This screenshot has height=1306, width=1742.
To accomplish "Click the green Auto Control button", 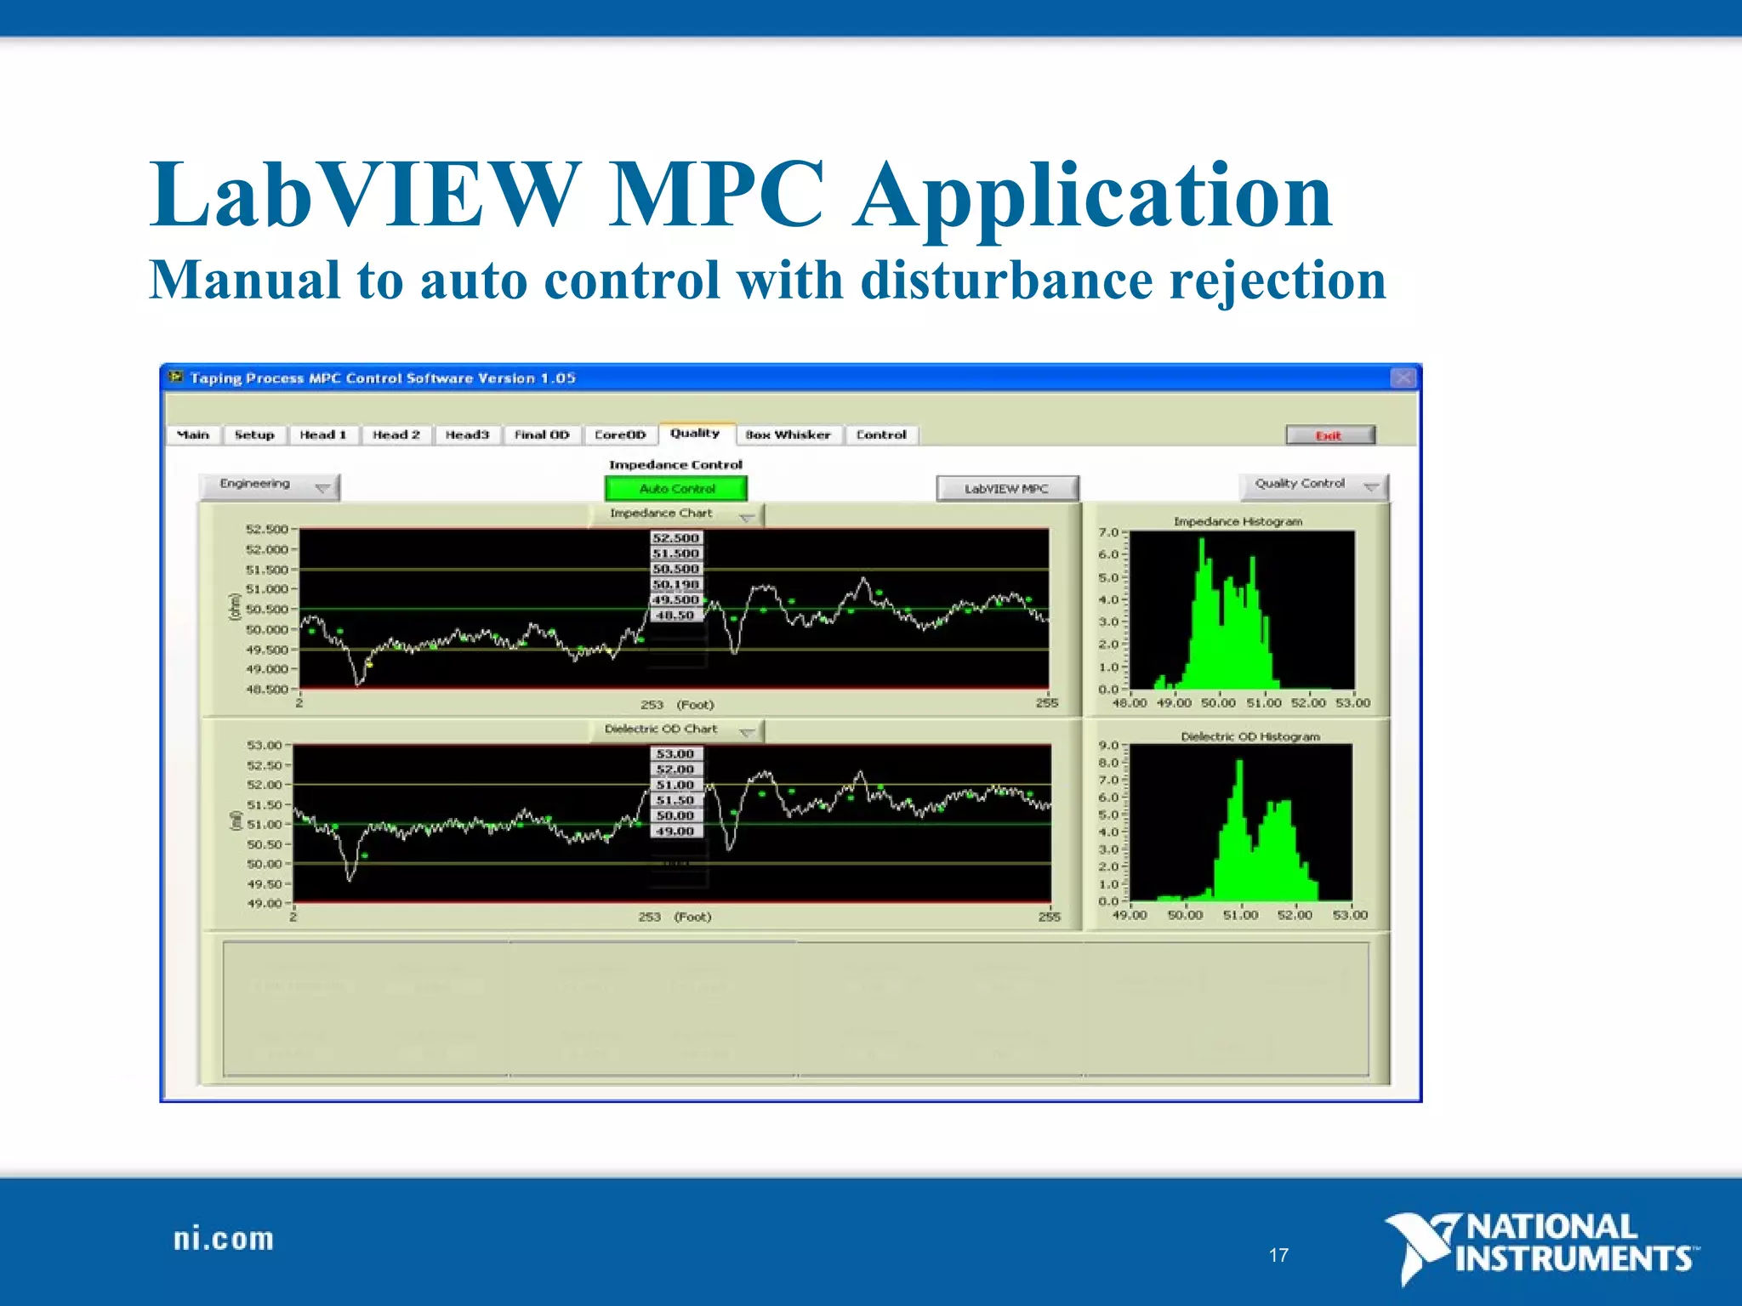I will point(676,489).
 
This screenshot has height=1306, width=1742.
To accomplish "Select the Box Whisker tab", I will point(788,435).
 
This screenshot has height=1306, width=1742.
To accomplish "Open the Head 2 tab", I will point(396,435).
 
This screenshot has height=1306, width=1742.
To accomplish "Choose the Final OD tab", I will point(542,435).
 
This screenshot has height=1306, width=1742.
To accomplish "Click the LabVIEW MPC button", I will point(1006,489).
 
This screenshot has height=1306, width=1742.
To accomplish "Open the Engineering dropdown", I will point(269,485).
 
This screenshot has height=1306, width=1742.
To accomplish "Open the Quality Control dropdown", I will point(1312,485).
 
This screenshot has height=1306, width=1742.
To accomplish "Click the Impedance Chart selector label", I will point(661,514).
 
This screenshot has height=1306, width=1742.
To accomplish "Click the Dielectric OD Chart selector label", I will point(661,730).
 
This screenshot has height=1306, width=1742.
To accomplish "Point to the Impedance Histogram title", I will point(1238,521).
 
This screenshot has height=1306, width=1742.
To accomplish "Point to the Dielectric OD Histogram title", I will point(1250,736).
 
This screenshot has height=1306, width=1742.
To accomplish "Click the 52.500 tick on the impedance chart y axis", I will point(267,529).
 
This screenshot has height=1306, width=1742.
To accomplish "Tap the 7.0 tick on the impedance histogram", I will point(1108,533).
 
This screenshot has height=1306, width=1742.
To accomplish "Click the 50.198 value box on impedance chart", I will point(676,584).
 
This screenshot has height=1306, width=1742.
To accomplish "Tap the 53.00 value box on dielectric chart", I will point(675,754).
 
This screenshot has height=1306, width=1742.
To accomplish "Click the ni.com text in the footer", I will point(224,1239).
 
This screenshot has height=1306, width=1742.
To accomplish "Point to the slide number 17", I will point(1278,1255).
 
